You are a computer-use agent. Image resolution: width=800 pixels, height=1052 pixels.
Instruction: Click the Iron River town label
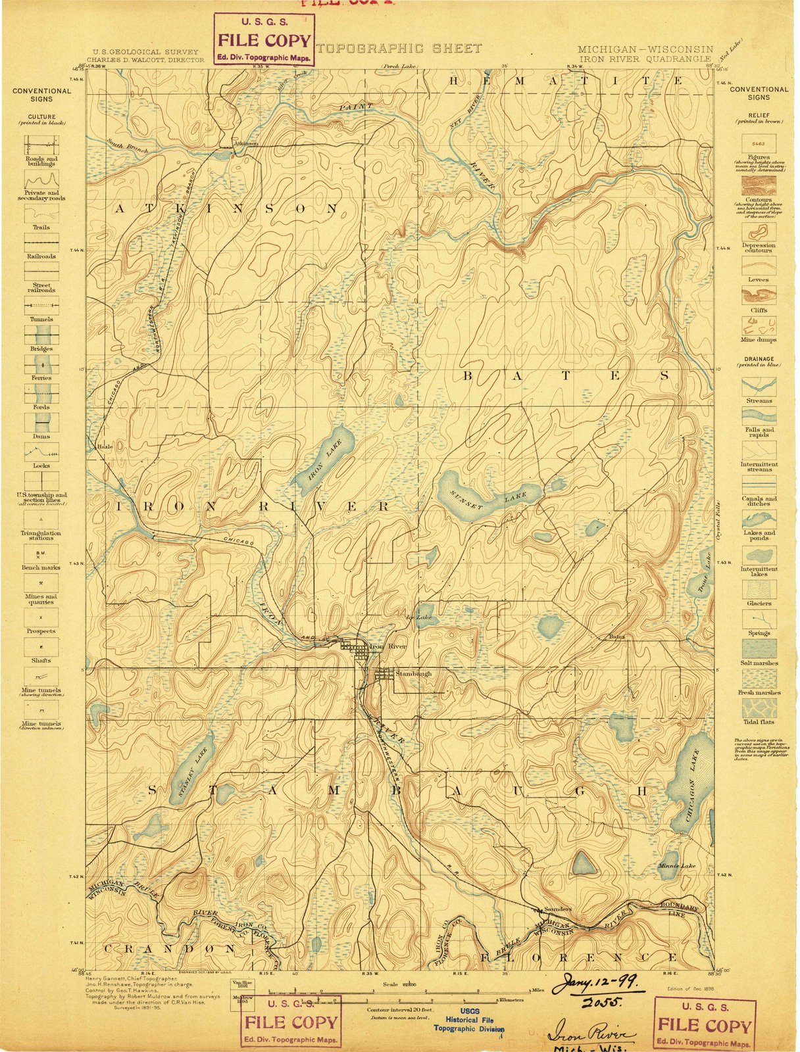coord(388,647)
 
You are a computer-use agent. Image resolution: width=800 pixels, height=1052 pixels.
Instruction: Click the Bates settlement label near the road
coord(616,636)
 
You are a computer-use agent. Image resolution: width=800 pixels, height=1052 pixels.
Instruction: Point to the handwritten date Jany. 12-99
coord(591,983)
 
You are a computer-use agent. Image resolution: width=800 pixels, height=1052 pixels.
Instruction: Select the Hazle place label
coord(105,446)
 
